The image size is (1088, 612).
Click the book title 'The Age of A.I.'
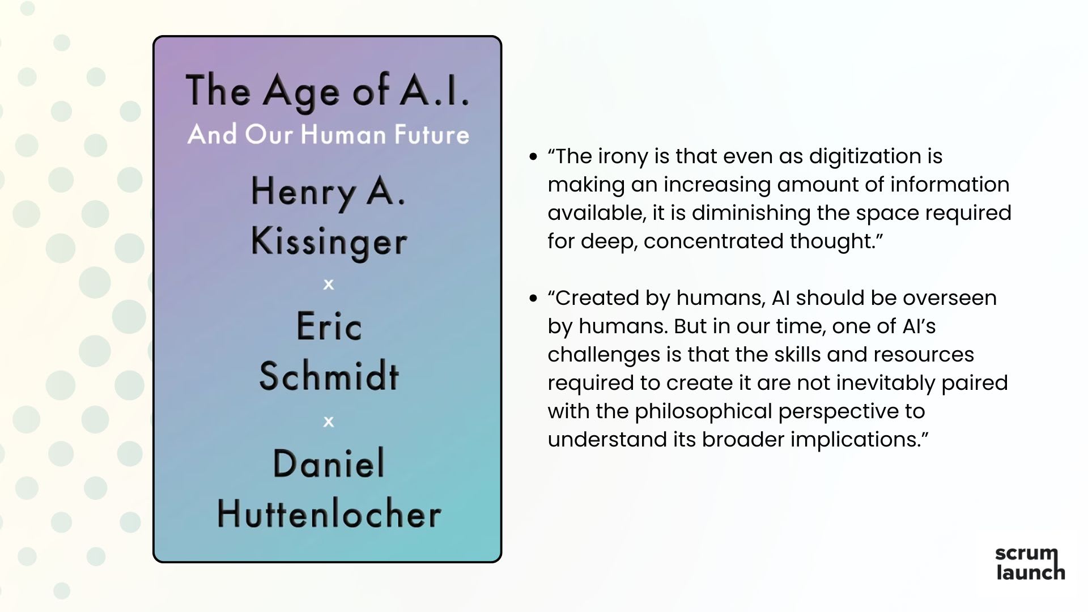coord(328,91)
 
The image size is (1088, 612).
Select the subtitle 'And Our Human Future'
coord(328,135)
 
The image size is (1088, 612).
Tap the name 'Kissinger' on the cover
coord(329,241)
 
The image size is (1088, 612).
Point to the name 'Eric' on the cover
coord(329,326)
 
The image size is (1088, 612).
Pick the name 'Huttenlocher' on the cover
coord(329,514)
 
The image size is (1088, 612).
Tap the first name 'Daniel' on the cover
coord(329,464)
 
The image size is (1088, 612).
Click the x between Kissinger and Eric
coord(329,284)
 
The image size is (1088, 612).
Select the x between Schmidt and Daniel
coord(329,422)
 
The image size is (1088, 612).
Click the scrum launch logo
coord(1030,563)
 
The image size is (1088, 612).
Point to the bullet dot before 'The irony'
coord(533,156)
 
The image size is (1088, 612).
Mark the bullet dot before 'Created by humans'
coord(533,298)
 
